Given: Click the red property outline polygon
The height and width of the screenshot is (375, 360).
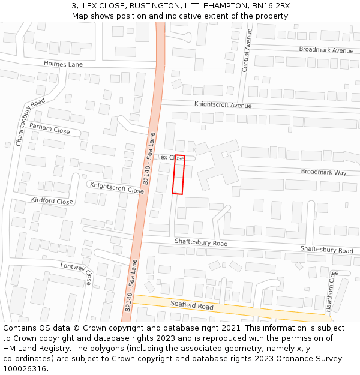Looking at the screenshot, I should (x=178, y=175).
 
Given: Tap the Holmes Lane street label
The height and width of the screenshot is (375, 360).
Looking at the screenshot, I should (x=63, y=64).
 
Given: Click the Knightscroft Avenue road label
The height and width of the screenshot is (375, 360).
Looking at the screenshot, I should (x=223, y=105).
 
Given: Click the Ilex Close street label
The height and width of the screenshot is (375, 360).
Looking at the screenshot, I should (x=170, y=158).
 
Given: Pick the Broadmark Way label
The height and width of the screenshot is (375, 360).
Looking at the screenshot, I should (x=323, y=172).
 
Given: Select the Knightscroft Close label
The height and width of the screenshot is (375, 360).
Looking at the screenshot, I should (x=117, y=188).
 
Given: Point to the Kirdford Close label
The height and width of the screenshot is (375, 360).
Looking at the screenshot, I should (x=52, y=200).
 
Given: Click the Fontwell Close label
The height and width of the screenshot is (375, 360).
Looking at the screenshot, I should (x=77, y=271).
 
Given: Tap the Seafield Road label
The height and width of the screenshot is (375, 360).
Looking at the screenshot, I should (x=192, y=306).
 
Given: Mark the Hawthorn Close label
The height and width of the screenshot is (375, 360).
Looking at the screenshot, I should (x=331, y=291).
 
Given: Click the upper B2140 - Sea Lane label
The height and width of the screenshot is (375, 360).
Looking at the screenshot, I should (x=149, y=159).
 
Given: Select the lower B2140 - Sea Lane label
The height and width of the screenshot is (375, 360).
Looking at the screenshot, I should (x=131, y=285).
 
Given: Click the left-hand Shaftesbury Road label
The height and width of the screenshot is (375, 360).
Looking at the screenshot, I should (x=201, y=244).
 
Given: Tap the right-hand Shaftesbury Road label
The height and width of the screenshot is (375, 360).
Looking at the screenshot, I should (x=326, y=250).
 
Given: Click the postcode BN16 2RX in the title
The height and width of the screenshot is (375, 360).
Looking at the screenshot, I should (x=271, y=5).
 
